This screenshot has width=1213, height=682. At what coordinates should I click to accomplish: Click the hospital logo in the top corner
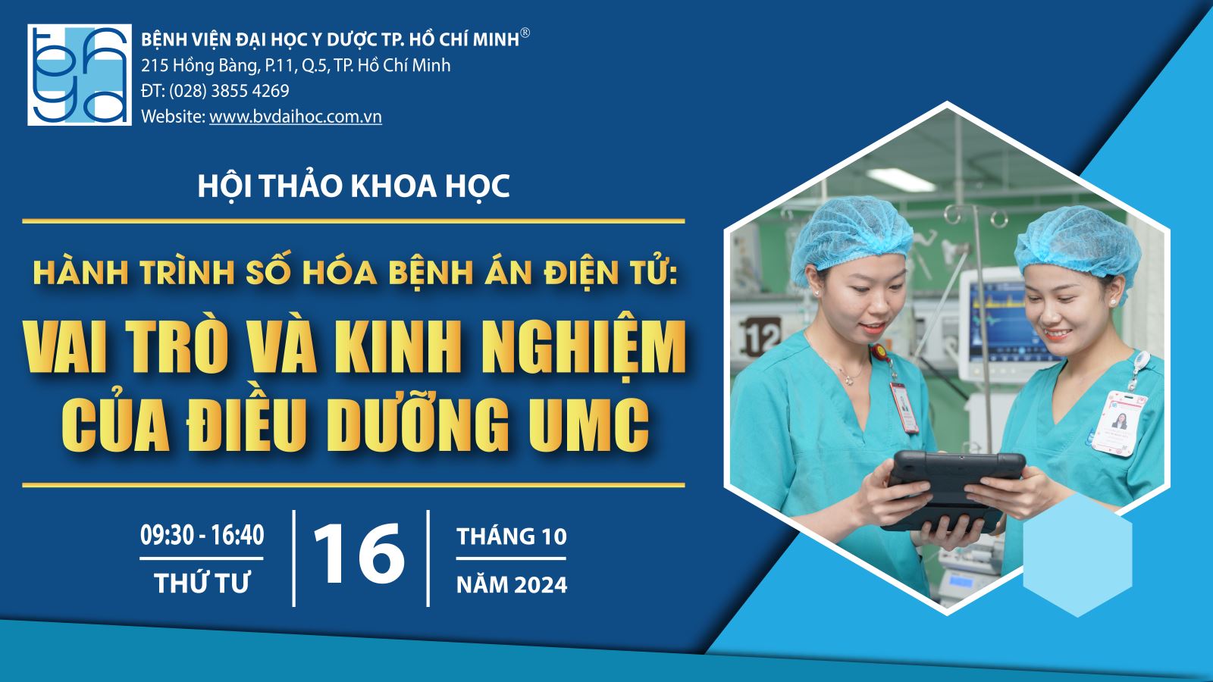click(x=80, y=75)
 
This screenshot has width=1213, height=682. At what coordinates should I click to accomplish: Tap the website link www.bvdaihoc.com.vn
click(x=296, y=117)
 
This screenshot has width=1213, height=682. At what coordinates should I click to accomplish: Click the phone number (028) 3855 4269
click(x=229, y=91)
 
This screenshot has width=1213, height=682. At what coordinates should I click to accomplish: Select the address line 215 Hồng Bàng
click(x=296, y=65)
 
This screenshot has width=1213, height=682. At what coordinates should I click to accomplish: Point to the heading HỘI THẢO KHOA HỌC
click(x=353, y=186)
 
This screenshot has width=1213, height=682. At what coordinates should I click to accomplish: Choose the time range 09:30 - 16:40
click(x=202, y=535)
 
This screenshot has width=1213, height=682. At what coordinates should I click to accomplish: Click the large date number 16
click(x=359, y=552)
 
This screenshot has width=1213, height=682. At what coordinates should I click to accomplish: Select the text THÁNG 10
click(x=512, y=537)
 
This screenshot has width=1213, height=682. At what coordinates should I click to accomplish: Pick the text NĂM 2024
click(x=512, y=585)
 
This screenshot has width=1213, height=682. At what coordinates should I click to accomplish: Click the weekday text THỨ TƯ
click(x=202, y=583)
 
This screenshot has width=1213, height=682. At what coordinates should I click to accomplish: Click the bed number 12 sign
click(x=760, y=336)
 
